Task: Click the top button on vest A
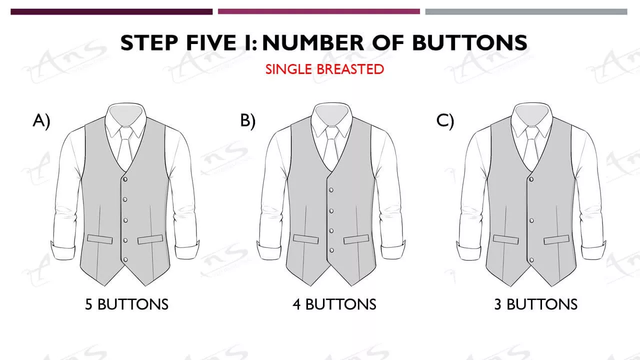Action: point(125,179)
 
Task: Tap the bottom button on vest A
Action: point(125,259)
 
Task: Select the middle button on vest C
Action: point(531,220)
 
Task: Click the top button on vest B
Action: point(331,190)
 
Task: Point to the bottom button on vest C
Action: point(531,260)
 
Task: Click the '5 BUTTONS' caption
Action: point(127,304)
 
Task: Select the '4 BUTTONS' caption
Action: point(334,304)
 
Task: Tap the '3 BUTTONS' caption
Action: point(536,304)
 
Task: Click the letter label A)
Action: point(41,120)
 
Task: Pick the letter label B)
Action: point(248,120)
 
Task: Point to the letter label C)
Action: point(445,120)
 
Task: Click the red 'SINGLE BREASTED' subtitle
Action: point(324,69)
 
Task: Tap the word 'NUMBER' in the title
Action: point(313,43)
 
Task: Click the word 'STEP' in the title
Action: point(149,43)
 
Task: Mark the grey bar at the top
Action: point(526,11)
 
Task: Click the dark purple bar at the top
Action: point(111,11)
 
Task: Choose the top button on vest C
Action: point(531,179)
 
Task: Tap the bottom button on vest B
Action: point(331,250)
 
